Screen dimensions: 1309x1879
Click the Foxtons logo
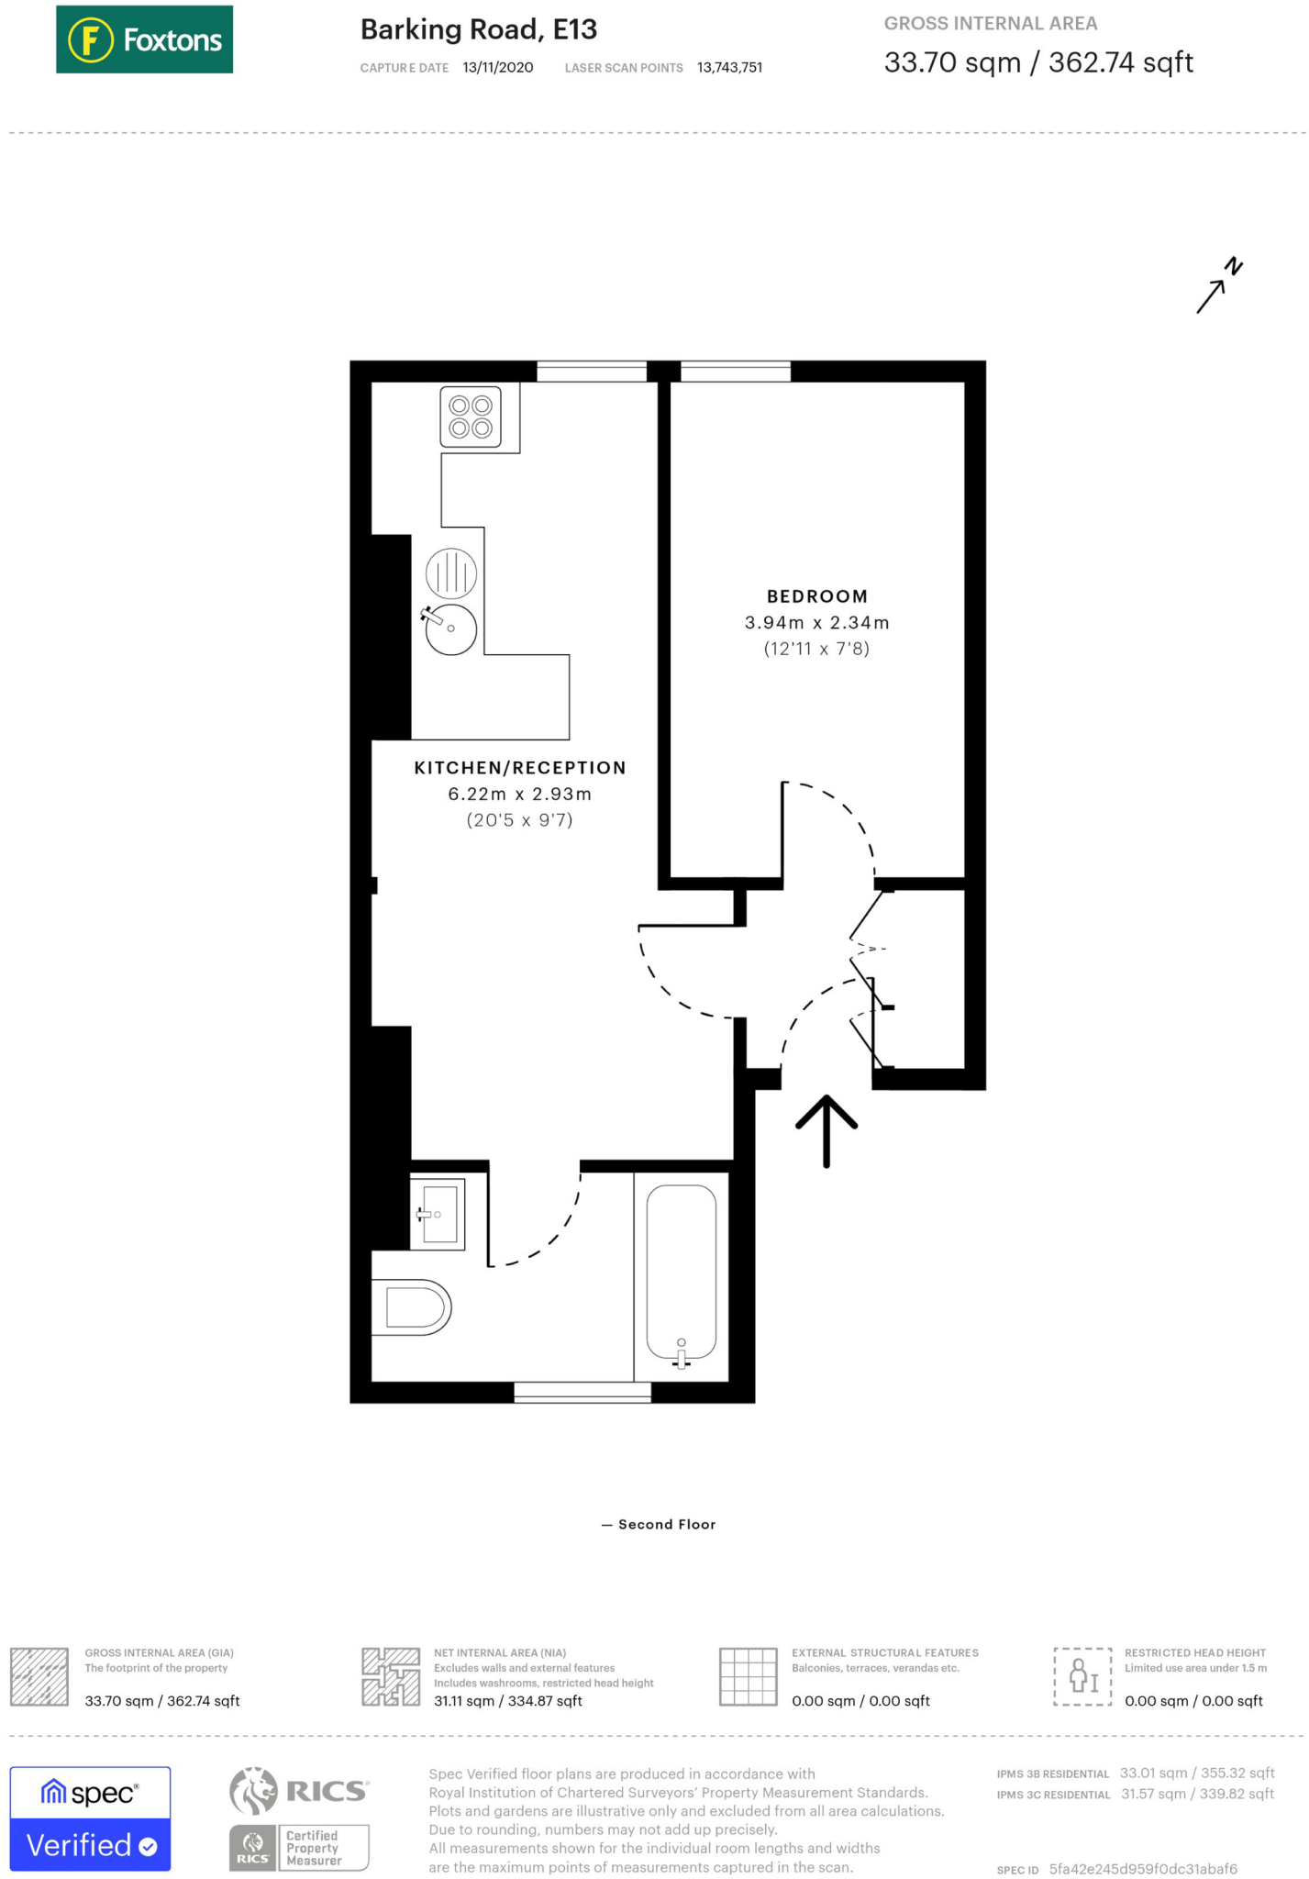(144, 39)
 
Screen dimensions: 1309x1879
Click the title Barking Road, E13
(479, 30)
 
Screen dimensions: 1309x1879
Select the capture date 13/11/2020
(498, 68)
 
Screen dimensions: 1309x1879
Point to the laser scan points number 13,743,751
(729, 68)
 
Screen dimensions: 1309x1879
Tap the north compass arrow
(1219, 285)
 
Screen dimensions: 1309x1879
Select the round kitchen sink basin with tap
(450, 628)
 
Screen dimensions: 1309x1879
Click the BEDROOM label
(817, 596)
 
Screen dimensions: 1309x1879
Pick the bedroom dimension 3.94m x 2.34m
(817, 623)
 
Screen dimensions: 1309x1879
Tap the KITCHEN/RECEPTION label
(520, 768)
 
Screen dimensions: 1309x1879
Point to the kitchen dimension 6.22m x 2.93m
(520, 794)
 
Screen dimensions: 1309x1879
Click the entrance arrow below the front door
(826, 1130)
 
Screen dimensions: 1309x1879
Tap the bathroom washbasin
(438, 1215)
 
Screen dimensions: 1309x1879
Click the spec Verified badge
(90, 1818)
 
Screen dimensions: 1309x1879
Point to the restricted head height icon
(1082, 1676)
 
